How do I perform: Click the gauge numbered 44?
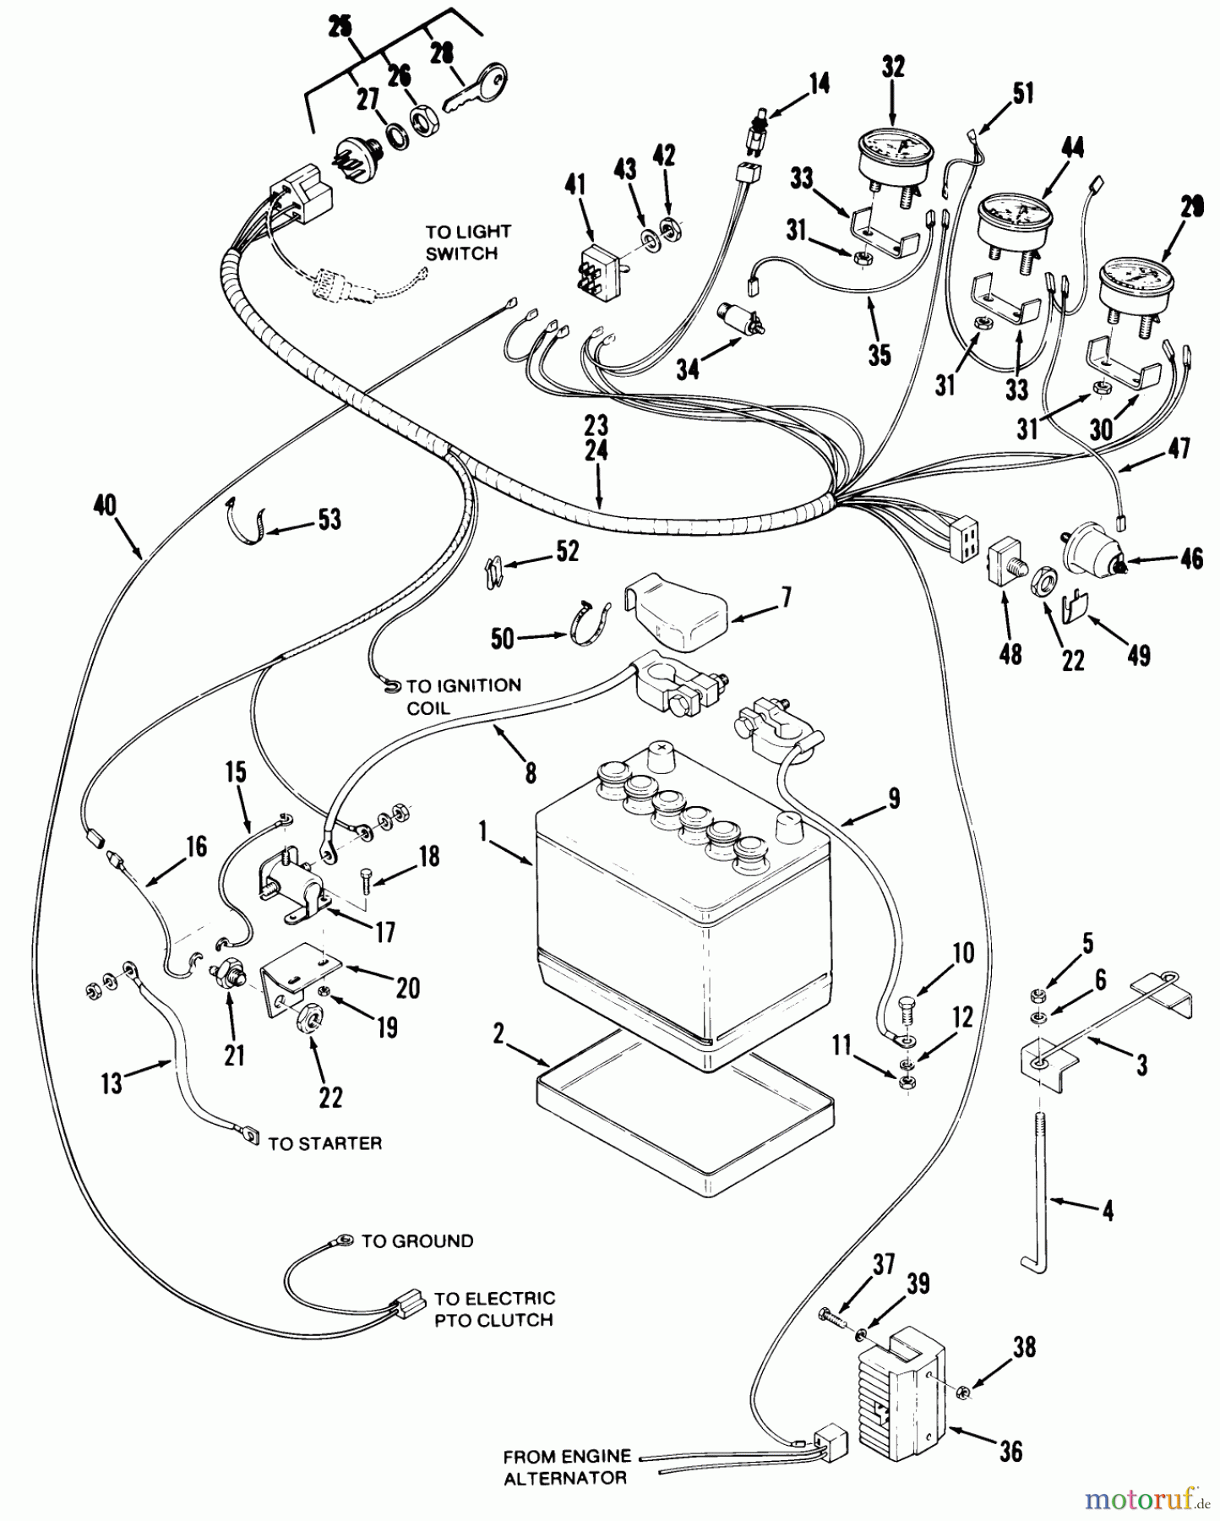point(1015,217)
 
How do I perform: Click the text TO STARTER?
point(324,1143)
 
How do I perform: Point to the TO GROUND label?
point(417,1241)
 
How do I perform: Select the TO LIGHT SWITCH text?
point(467,243)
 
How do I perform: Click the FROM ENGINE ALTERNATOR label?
point(566,1467)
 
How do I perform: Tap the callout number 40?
point(106,505)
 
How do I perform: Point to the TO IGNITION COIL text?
point(463,696)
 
